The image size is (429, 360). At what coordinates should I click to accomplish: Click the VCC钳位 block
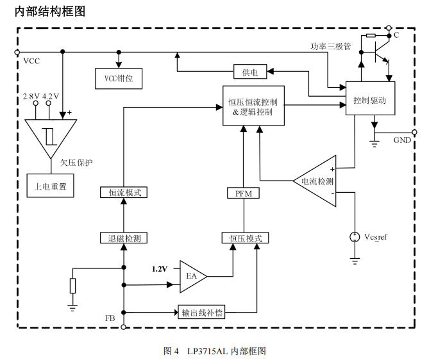[118, 78]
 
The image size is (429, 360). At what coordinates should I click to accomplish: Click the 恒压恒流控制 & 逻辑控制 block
[252, 106]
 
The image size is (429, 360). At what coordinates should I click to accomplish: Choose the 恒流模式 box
[124, 192]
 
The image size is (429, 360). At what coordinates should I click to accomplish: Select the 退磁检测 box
[124, 238]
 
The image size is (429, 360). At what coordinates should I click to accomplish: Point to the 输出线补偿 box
[201, 313]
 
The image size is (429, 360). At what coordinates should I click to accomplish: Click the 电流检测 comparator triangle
[318, 181]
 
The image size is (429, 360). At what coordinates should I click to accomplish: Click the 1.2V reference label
[159, 268]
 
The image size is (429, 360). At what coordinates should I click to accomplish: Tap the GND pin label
[402, 140]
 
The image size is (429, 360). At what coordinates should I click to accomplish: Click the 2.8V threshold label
[31, 96]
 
